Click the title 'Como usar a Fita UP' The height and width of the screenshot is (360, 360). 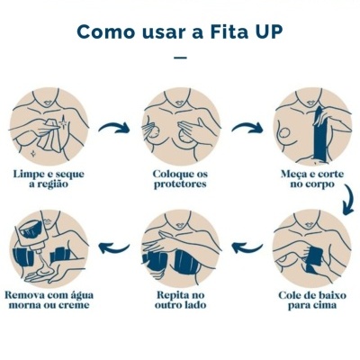pos(180,31)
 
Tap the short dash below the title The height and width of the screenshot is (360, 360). pos(180,58)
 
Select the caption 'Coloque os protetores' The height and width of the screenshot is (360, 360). pos(180,177)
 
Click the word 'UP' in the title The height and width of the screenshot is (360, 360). pos(268,31)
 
